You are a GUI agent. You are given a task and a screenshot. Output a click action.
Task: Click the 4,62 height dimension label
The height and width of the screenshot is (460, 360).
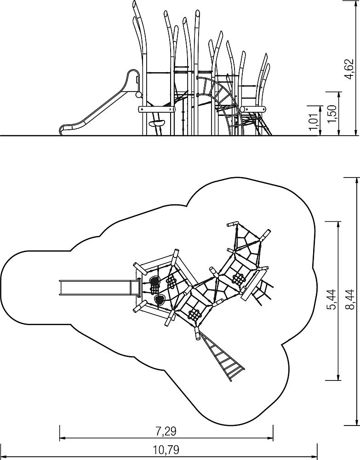pos(349,69)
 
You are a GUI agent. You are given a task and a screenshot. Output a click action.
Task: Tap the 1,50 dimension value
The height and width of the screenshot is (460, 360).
pos(332,114)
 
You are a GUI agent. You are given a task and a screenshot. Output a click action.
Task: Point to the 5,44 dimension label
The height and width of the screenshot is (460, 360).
pos(332,299)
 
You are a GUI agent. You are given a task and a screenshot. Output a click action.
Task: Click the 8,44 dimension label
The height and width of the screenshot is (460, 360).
pos(349,299)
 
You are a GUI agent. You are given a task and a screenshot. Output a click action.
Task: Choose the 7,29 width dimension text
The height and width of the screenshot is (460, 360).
pos(166,431)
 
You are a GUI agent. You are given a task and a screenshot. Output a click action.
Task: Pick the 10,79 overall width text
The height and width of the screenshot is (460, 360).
pos(166,449)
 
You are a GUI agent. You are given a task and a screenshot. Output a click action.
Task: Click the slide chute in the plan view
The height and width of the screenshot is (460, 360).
pos(100,287)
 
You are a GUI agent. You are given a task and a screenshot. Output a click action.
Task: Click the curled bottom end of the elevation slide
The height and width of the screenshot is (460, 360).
pos(63,129)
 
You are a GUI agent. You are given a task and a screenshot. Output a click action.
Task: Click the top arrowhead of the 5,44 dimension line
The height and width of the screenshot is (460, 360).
pos(339,224)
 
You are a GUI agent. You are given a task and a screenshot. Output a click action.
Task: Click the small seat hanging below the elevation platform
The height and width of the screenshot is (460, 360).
pos(156,123)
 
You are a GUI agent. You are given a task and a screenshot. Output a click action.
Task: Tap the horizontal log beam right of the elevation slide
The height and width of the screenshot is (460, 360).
pos(156,109)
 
